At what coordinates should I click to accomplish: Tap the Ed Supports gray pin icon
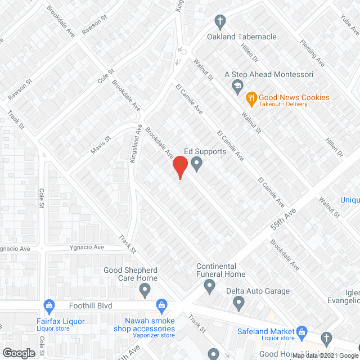(197, 164)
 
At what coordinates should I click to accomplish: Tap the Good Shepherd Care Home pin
(146, 291)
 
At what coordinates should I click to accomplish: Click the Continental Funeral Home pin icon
(209, 287)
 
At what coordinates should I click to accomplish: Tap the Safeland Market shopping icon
(300, 332)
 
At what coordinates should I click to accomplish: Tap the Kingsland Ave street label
(134, 148)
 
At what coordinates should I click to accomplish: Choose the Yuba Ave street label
(349, 23)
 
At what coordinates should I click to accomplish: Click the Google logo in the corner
(19, 353)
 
